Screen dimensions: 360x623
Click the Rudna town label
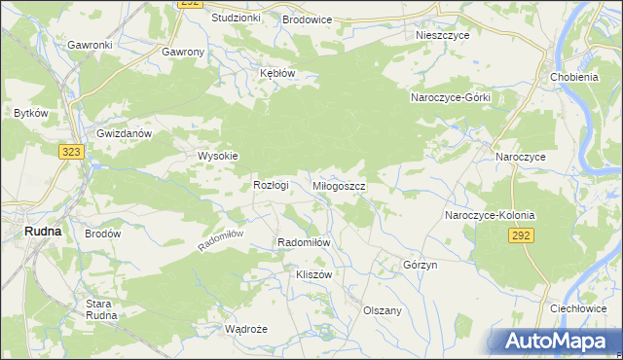43,232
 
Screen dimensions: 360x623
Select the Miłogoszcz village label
339,185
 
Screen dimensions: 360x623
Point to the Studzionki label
236,18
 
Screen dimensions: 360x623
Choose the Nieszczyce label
442,34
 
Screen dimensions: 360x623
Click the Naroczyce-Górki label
450,98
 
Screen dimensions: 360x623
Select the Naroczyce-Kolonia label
491,214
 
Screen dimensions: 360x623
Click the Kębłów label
276,73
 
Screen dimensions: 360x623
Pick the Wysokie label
218,155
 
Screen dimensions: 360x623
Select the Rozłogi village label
272,185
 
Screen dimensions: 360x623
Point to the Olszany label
383,309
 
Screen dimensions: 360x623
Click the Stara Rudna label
99,309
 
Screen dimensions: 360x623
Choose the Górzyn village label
421,265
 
